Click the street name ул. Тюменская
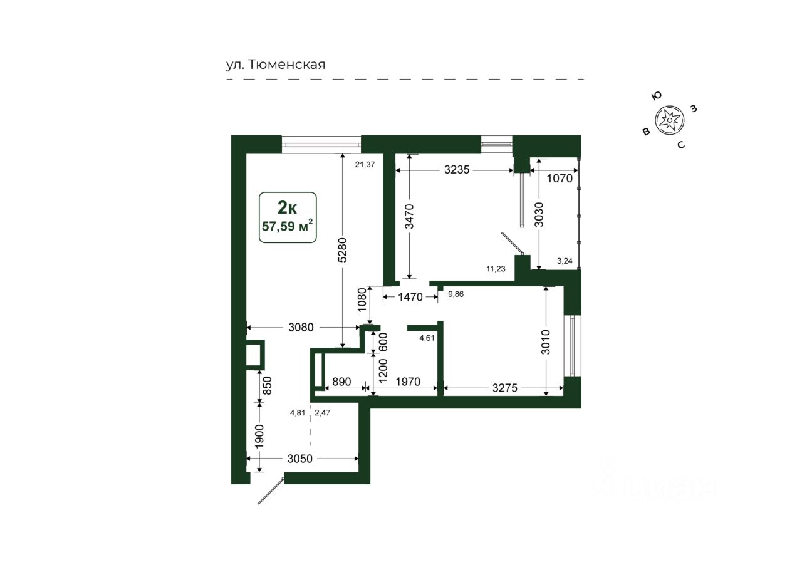tap(276, 65)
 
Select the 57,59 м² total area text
tap(288, 225)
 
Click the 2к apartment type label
tap(288, 206)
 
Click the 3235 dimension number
tap(459, 169)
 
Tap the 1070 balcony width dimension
tap(560, 178)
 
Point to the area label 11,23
tap(496, 269)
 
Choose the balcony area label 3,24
tap(565, 261)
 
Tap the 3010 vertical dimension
tap(546, 341)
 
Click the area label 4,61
tap(427, 338)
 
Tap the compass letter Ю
tap(657, 95)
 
